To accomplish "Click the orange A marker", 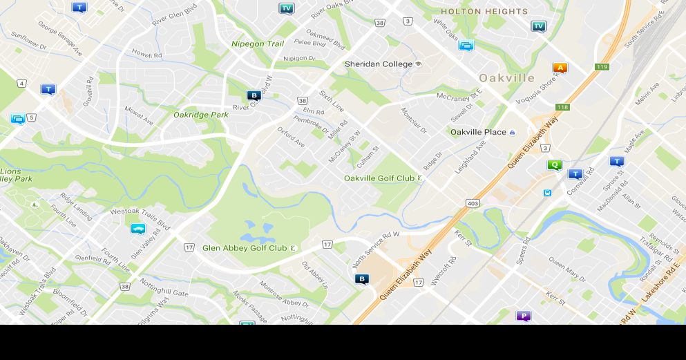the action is click(560, 68).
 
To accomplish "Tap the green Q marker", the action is click(554, 165).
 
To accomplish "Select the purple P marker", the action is click(524, 316).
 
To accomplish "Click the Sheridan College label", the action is click(379, 64).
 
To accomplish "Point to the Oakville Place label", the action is click(478, 132).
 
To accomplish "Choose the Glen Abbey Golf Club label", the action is click(245, 248).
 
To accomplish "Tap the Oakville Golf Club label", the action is click(379, 178).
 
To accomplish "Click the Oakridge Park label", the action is click(200, 115).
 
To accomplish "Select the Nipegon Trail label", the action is click(257, 44).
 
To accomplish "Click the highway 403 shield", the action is click(473, 203).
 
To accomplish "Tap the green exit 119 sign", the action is click(601, 67).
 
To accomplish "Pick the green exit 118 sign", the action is click(562, 107).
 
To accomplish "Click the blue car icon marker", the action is click(138, 229).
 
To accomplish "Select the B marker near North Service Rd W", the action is click(362, 279).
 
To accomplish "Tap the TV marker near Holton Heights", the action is click(539, 26).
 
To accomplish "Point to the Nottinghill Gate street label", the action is click(164, 288).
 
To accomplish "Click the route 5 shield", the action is click(32, 117).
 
